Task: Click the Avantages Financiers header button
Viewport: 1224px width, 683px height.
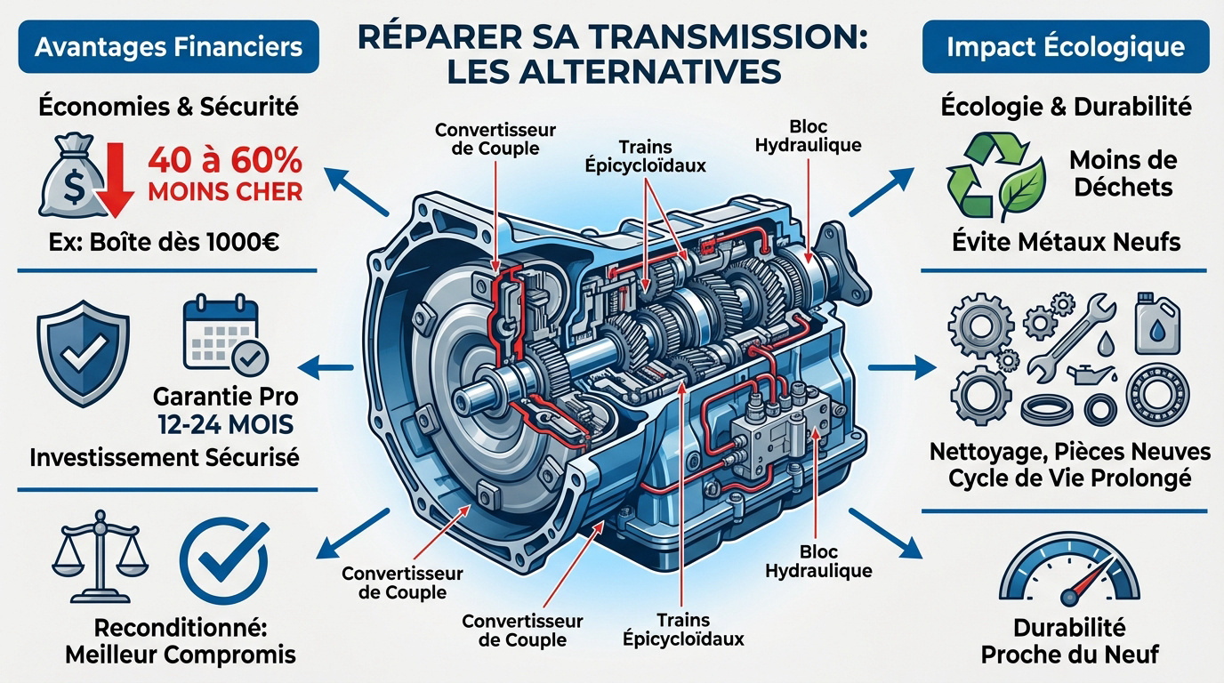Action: (x=167, y=46)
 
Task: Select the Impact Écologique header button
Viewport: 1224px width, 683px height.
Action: (x=1065, y=46)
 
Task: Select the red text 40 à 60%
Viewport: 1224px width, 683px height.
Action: (x=225, y=164)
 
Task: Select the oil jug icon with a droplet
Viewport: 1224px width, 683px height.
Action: (x=1156, y=325)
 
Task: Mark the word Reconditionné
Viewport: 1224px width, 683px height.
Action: (x=167, y=627)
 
